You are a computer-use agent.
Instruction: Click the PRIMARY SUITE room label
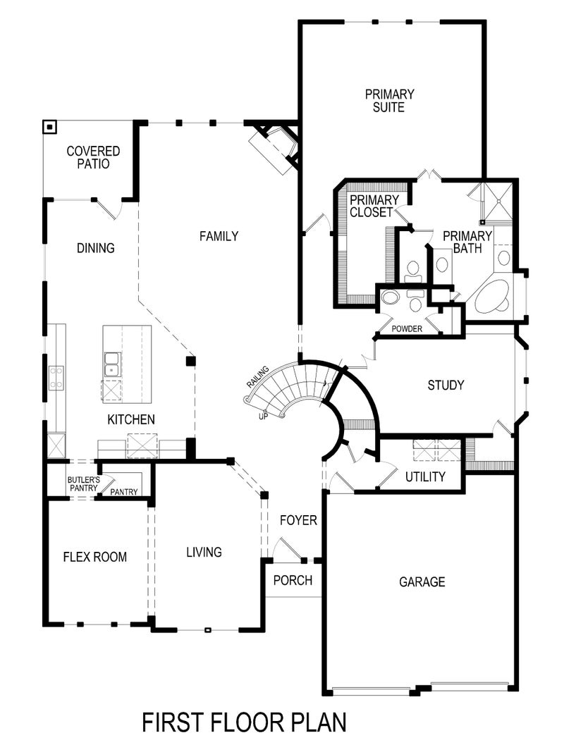(389, 101)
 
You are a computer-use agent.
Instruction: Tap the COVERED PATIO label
(93, 157)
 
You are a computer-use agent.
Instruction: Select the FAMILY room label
(219, 237)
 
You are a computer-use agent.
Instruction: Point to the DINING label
(95, 248)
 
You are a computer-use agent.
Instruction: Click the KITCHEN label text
(131, 420)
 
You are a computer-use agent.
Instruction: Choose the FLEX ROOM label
(95, 557)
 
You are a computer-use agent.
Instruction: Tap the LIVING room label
(204, 552)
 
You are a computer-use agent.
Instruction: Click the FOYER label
(298, 521)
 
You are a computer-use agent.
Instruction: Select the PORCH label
(293, 581)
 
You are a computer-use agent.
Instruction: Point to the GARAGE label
(422, 582)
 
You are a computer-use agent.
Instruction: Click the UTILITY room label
(425, 477)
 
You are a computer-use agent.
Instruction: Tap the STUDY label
(446, 386)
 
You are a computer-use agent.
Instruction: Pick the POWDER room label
(407, 329)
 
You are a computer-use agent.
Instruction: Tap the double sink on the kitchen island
(111, 366)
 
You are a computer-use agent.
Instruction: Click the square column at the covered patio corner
(50, 128)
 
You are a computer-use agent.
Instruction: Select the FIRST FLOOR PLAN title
(244, 723)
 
